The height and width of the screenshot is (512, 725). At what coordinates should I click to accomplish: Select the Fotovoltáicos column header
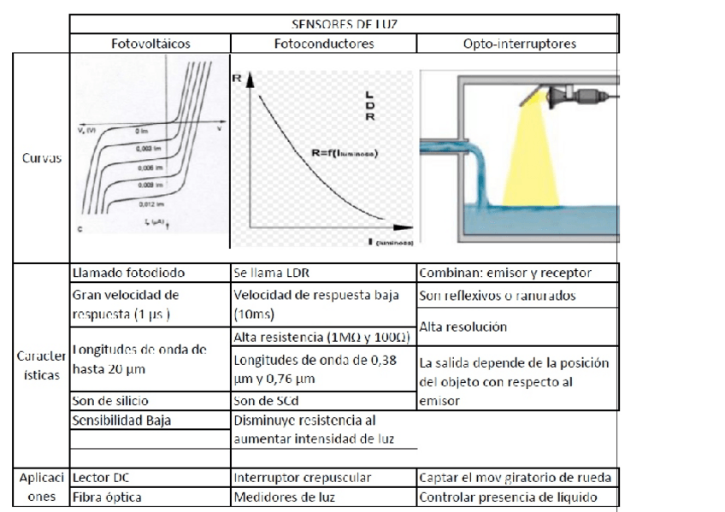point(150,44)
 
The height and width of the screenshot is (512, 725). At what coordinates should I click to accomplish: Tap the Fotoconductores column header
point(323,44)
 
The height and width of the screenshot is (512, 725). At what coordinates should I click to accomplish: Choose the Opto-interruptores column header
point(517,44)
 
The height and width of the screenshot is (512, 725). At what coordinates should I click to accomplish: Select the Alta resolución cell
point(465,327)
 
